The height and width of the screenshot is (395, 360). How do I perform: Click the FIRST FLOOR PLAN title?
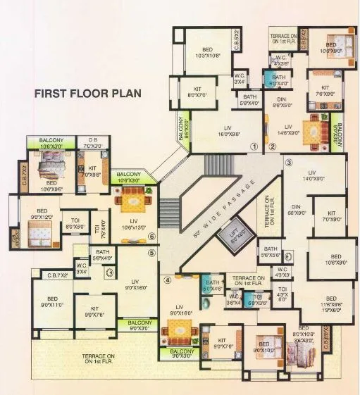[88, 92]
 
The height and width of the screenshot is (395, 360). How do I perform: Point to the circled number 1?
[254, 147]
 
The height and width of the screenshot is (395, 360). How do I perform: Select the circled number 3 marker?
[288, 162]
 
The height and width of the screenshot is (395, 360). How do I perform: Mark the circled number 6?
[151, 237]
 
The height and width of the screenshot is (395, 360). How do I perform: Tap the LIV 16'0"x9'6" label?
[224, 130]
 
